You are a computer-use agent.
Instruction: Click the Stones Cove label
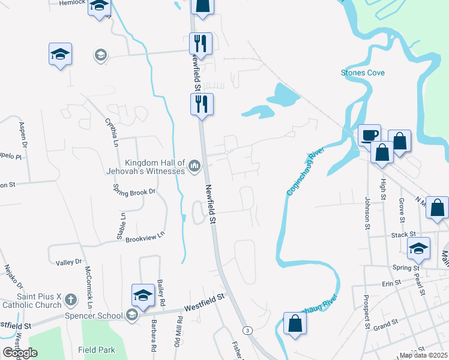pyautogui.click(x=363, y=73)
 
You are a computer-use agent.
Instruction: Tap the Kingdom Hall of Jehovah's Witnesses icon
pyautogui.click(x=194, y=165)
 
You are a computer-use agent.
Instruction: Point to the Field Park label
pyautogui.click(x=95, y=349)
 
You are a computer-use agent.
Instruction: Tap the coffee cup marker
pyautogui.click(x=370, y=135)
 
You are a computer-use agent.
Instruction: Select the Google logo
pyautogui.click(x=20, y=353)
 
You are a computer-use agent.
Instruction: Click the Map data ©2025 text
pyautogui.click(x=423, y=355)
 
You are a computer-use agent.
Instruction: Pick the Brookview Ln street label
pyautogui.click(x=145, y=236)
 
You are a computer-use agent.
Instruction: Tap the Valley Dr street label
pyautogui.click(x=68, y=262)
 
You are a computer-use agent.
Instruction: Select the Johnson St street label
pyautogui.click(x=367, y=213)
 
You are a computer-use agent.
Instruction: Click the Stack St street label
pyautogui.click(x=403, y=235)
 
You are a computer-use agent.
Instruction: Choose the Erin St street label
pyautogui.click(x=391, y=283)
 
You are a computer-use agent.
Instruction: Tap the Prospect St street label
pyautogui.click(x=366, y=312)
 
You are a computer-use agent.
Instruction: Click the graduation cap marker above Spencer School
pyautogui.click(x=143, y=295)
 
